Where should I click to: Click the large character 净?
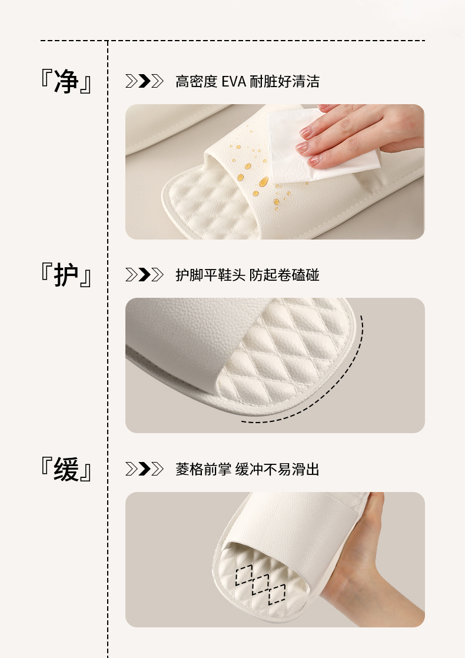67,81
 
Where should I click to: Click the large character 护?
67,275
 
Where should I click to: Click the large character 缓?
67,469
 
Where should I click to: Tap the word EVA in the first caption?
233,81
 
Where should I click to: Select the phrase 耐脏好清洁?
284,81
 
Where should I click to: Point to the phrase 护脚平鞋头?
211,275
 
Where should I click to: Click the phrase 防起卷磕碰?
284,275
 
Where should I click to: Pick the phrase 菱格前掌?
204,469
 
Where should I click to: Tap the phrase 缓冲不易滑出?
277,469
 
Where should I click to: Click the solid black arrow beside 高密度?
144,81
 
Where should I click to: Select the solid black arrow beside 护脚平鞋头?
144,275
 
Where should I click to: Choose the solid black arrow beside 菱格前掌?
144,468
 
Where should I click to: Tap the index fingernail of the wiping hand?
305,132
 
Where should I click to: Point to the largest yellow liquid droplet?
264,182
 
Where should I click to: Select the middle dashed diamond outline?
260,585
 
